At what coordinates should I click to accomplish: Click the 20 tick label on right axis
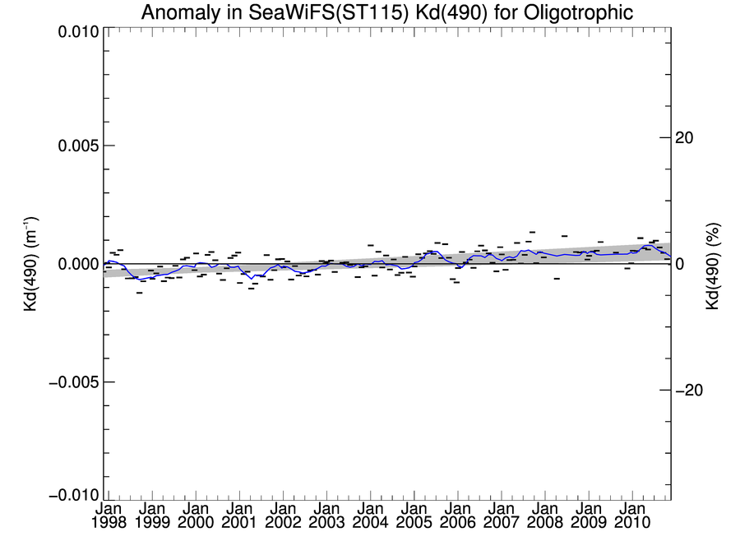[x=685, y=137]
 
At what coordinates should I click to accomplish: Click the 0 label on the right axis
[x=679, y=264]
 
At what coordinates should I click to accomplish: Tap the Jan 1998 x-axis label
[x=109, y=515]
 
